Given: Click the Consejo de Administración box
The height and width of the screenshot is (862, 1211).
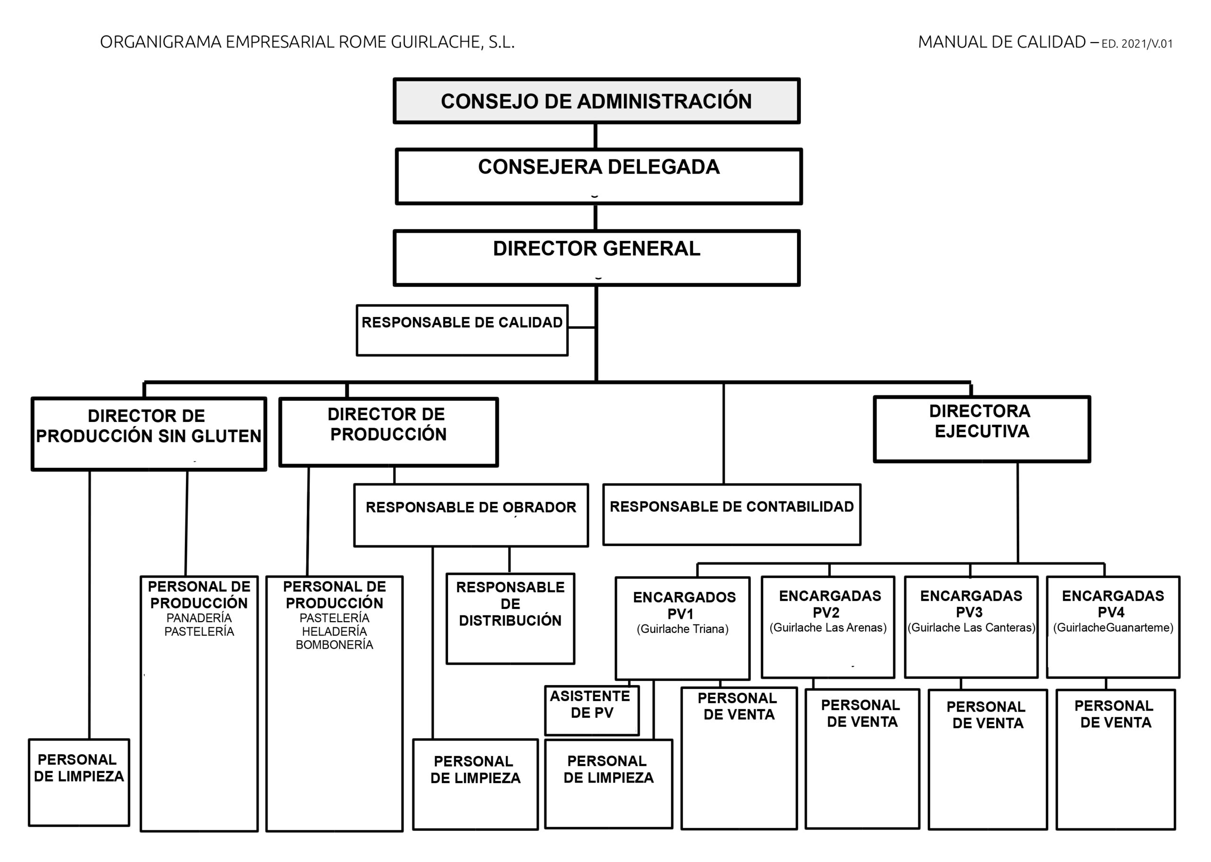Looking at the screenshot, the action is point(597,101).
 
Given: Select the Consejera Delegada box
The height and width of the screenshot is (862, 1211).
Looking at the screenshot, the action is point(598,176).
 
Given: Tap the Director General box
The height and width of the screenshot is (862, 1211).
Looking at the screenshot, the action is point(597,258).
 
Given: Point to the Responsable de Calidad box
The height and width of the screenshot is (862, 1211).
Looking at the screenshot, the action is point(462,330).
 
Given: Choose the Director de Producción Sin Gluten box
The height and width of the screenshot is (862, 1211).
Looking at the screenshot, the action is point(149,434).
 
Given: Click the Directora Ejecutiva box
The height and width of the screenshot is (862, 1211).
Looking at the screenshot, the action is point(982,429).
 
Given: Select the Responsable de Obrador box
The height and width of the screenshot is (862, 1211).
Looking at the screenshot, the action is point(471,515).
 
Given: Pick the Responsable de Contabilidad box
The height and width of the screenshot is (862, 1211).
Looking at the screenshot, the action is point(732,514).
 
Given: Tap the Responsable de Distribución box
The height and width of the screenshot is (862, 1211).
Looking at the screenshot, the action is point(510,618).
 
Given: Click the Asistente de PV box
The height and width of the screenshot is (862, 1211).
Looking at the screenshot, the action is point(592,710).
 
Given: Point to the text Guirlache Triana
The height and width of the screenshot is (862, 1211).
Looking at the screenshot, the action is point(683,629).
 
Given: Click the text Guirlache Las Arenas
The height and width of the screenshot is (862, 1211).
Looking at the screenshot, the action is point(828,627).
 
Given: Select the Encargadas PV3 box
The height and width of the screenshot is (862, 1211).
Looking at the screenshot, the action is point(971,627).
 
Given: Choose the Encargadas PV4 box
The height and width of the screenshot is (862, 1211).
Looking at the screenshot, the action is point(1113,627).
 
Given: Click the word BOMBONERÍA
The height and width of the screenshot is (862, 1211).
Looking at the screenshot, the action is point(334,645).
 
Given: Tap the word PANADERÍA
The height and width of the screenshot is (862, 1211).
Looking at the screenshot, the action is point(199,618).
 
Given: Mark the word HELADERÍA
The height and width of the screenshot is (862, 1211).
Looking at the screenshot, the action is point(334,632).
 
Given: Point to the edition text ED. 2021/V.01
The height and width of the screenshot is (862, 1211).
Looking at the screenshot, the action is point(1137,44).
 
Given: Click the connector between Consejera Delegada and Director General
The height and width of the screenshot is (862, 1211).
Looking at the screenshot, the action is point(596,217).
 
